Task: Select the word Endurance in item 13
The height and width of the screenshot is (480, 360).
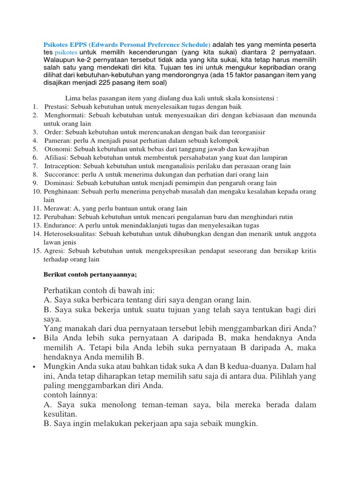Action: click(60, 225)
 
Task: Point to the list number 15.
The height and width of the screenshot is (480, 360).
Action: click(37, 251)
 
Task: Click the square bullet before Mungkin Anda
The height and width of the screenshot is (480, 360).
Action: click(36, 366)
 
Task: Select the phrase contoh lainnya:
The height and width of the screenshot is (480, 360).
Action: click(70, 395)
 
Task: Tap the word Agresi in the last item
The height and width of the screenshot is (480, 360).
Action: click(54, 251)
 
